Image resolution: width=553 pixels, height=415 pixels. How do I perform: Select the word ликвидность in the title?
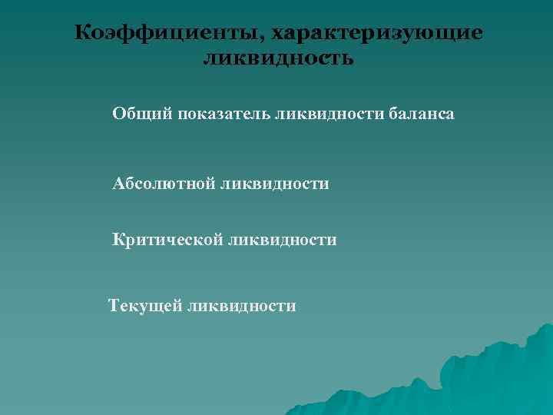pos(278,58)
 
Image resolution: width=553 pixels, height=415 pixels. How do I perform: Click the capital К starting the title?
pos(84,33)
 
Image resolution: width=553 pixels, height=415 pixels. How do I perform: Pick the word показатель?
pos(223,114)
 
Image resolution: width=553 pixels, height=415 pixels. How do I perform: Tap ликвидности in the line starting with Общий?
pos(325,114)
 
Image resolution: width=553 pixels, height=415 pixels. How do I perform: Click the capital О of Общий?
pos(118,114)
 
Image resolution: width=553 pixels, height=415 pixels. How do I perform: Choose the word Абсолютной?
pos(162,183)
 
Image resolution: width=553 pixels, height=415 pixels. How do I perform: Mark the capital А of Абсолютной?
pos(118,183)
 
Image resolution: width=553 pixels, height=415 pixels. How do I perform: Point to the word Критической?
pos(166,240)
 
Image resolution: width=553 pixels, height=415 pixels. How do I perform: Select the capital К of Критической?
pos(118,240)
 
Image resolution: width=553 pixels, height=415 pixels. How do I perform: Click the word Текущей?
pos(145,305)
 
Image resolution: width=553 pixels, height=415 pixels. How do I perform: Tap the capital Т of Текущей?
pos(115,305)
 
